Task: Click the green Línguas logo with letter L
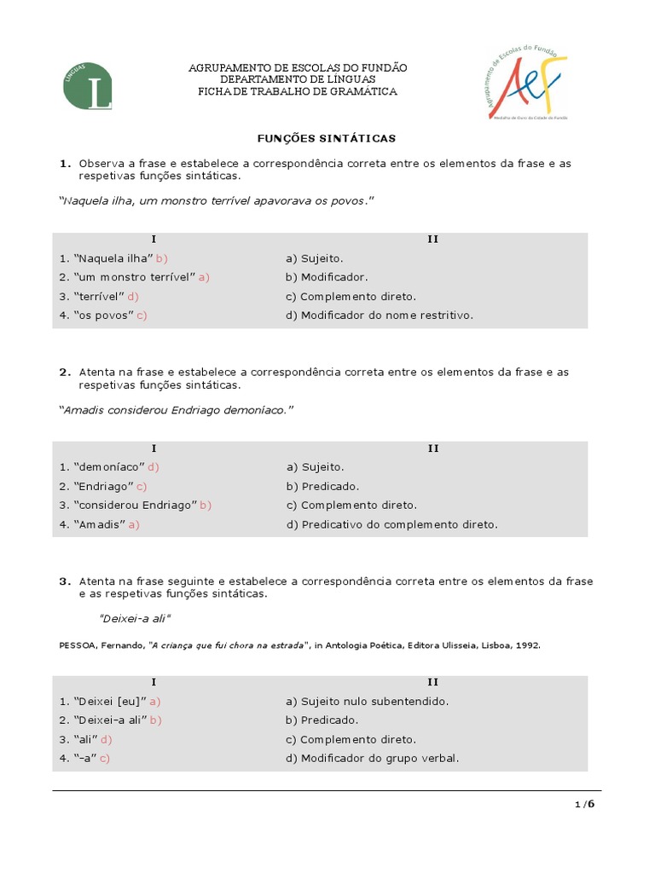88,85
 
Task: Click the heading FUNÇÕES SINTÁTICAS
327,137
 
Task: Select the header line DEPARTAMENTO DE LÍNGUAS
297,79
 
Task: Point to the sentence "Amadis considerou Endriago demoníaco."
176,410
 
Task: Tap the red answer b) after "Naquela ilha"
162,258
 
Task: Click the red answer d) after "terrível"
132,296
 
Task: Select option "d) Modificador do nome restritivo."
380,315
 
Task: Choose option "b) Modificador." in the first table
327,277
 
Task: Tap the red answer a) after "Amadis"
134,524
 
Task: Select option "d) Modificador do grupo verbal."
373,758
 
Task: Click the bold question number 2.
65,372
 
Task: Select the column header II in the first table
432,240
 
